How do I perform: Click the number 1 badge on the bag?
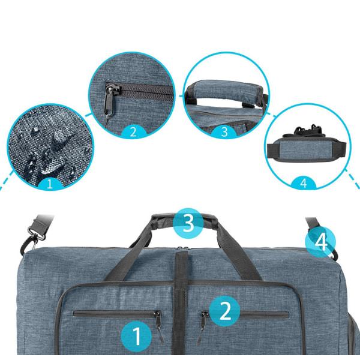136,336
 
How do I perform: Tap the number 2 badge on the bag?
225,311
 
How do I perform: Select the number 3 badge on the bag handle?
188,223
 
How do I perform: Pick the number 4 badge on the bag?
320,242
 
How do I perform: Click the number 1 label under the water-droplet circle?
50,184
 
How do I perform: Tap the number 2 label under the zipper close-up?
133,132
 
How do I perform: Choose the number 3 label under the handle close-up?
224,132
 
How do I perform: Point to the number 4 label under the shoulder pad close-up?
304,183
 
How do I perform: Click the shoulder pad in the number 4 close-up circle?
307,149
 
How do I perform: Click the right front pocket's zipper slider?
203,315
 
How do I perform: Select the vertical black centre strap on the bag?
181,305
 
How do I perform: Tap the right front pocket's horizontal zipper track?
264,314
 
